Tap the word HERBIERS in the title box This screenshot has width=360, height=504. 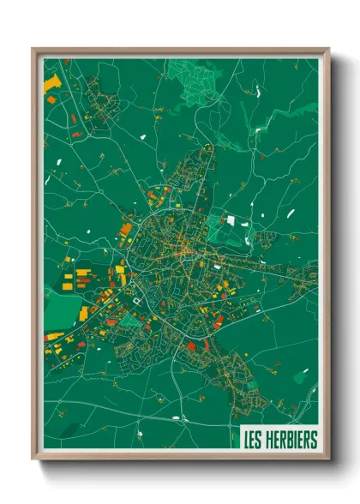coord(291,440)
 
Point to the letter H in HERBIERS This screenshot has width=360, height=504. coord(269,440)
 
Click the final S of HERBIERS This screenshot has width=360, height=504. coord(314,440)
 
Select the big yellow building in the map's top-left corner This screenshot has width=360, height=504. coord(51,84)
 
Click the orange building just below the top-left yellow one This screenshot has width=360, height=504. coord(51,99)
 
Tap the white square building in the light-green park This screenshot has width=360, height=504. coord(230,220)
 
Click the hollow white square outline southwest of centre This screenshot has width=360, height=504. coord(134,301)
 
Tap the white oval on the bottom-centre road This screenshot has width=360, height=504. coord(177,418)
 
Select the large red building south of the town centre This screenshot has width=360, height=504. coord(190,345)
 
